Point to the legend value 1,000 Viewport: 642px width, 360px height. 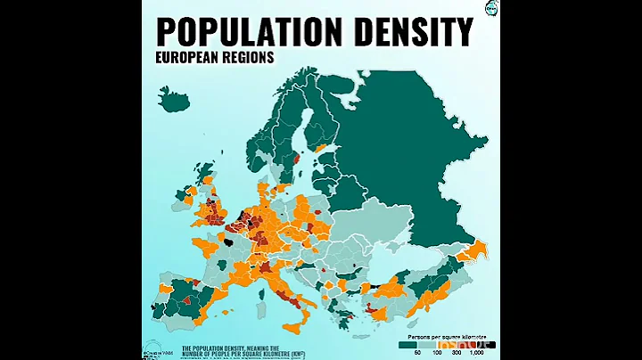(x=476, y=354)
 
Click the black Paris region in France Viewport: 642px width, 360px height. (x=230, y=241)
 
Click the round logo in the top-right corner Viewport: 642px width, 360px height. (x=490, y=8)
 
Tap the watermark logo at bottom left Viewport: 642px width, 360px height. (x=152, y=348)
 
